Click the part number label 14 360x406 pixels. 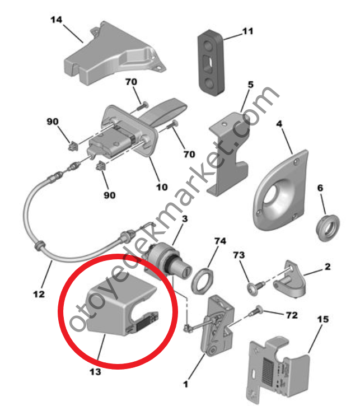[56, 20]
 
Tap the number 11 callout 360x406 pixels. [247, 31]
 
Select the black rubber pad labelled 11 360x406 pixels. [211, 63]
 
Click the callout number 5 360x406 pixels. [250, 85]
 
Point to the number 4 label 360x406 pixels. [279, 124]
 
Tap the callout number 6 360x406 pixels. [320, 188]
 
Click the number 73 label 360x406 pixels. [239, 255]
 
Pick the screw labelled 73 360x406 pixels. [256, 286]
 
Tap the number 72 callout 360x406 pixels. [292, 315]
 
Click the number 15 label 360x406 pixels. [323, 319]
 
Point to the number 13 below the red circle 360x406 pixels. [95, 372]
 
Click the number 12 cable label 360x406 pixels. [39, 294]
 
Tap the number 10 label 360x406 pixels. [162, 187]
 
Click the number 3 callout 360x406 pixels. [185, 219]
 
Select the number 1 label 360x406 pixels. [185, 384]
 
